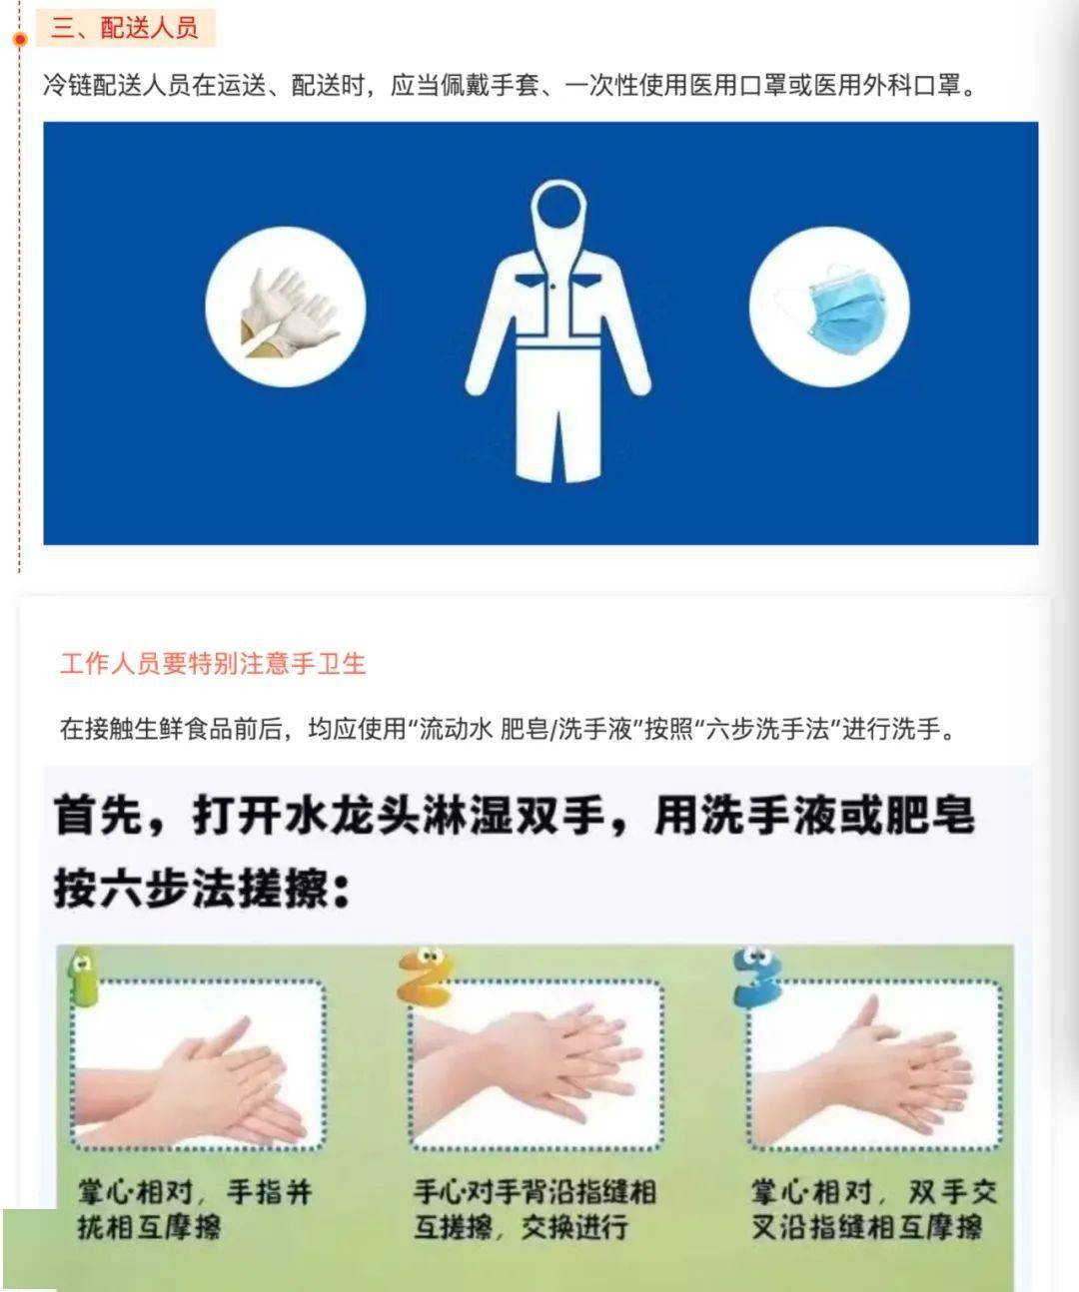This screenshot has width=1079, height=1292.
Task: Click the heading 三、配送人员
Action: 124,29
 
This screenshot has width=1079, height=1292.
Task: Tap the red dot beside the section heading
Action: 20,40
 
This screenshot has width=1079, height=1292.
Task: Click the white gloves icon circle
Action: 286,307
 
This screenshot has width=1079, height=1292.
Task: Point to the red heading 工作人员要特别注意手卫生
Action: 213,664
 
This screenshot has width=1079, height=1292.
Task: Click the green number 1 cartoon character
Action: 83,975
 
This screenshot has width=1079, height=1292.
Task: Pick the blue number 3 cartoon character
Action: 756,975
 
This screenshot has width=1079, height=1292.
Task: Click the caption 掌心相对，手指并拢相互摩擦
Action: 195,1210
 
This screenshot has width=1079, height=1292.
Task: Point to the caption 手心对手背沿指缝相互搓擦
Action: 536,1210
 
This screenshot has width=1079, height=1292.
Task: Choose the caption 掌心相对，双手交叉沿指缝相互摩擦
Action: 874,1210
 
